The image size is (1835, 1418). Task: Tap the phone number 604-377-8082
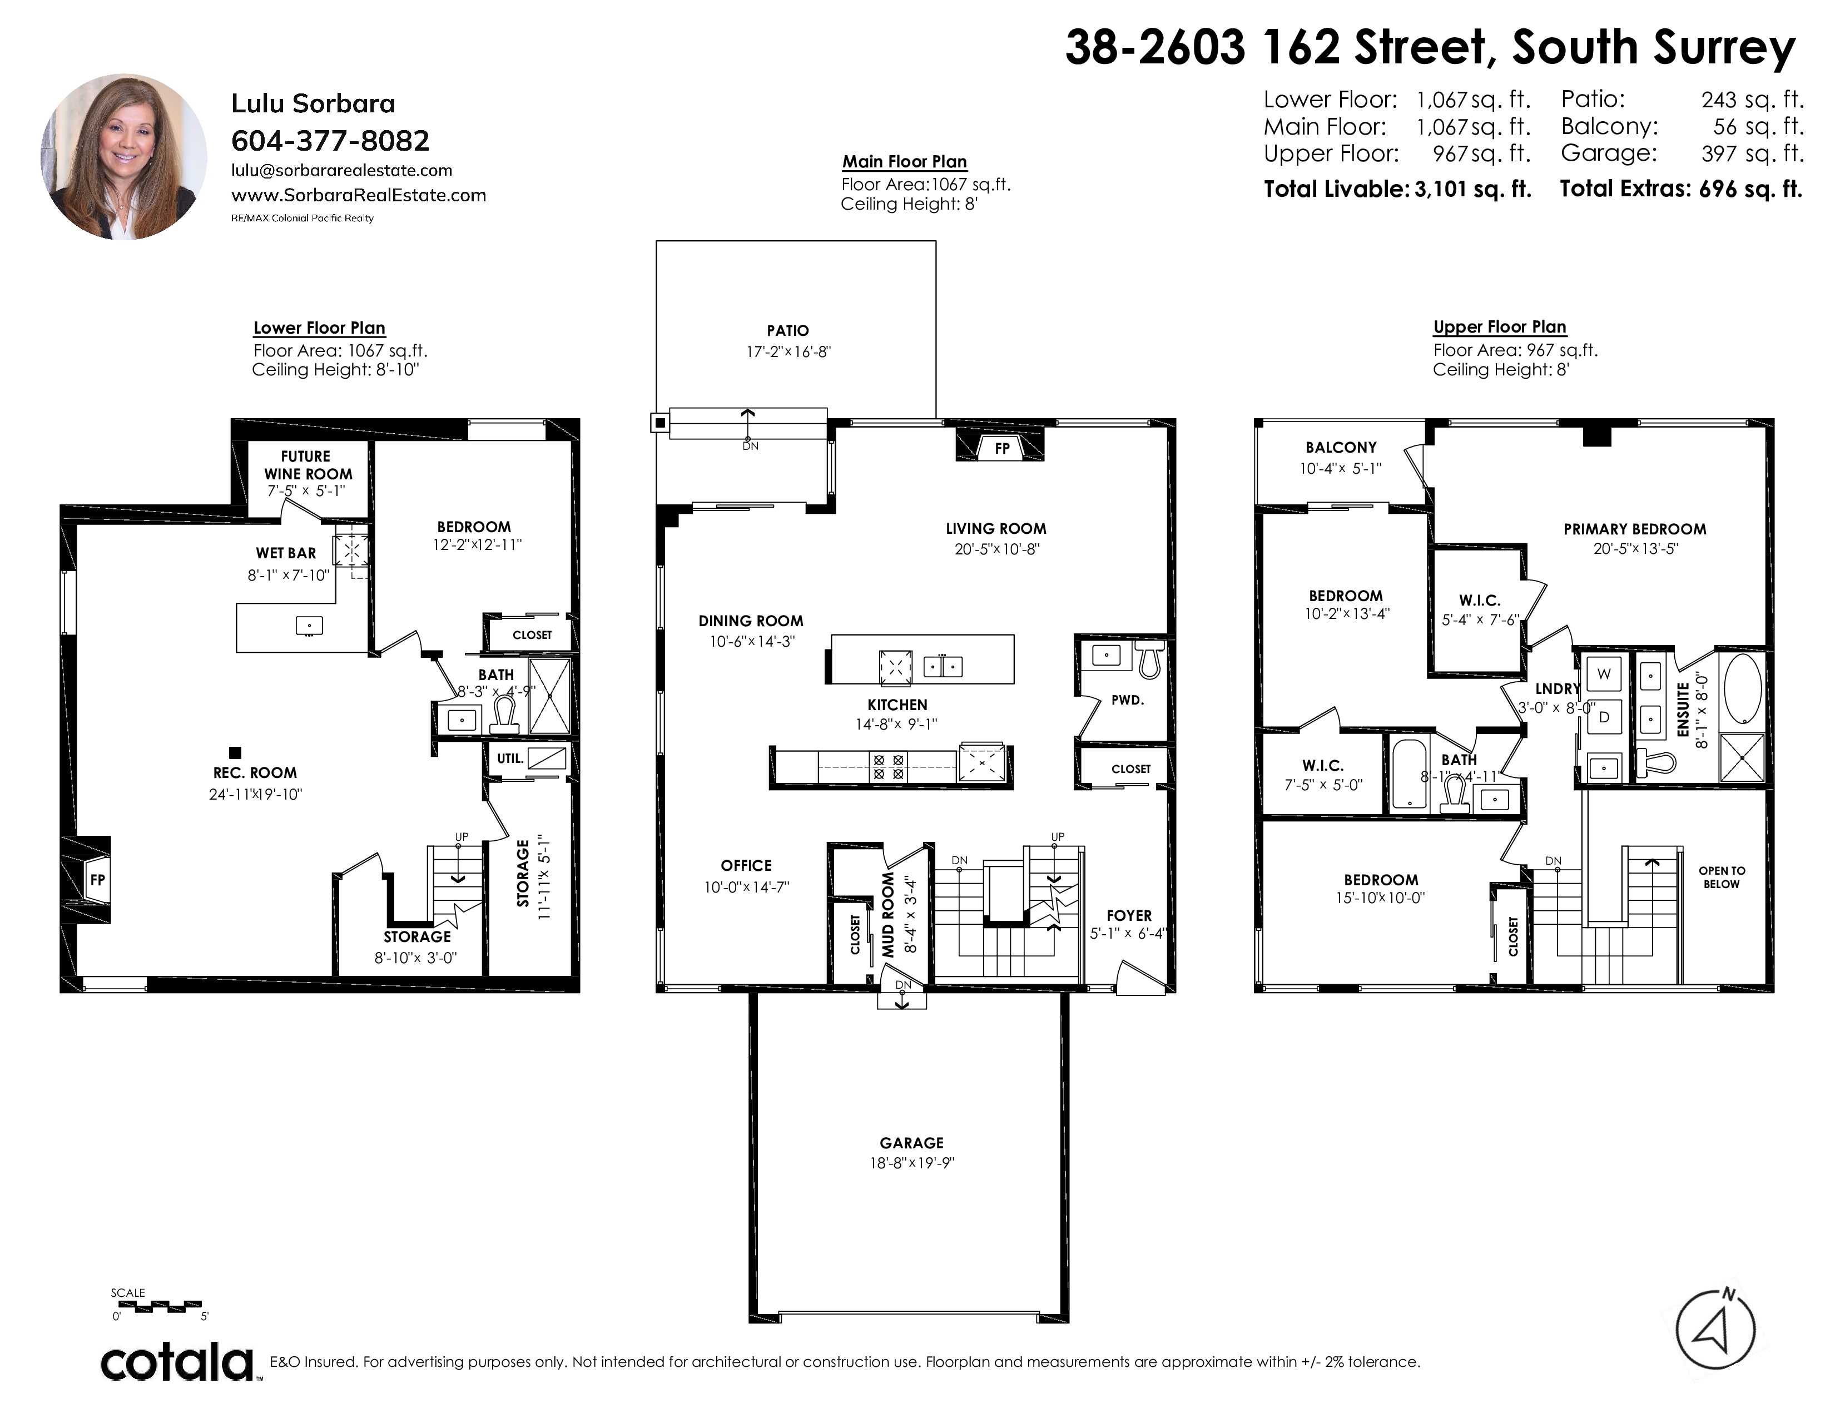click(x=330, y=140)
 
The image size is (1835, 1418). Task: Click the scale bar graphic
click(x=157, y=1306)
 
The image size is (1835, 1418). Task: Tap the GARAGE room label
click(x=911, y=1143)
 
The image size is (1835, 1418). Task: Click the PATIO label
click(x=787, y=331)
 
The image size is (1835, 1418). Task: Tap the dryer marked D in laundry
click(x=1603, y=717)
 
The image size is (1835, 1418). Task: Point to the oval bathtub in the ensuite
click(x=1743, y=689)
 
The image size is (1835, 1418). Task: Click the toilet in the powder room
click(x=1149, y=660)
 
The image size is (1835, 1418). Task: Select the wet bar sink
click(x=309, y=625)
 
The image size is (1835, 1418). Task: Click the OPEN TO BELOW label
click(x=1722, y=877)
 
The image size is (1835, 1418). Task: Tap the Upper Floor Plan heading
click(x=1500, y=327)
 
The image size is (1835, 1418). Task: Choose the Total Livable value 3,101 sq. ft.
click(x=1473, y=190)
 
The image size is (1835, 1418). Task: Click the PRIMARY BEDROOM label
click(x=1635, y=529)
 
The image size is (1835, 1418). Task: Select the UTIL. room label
click(x=510, y=758)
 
